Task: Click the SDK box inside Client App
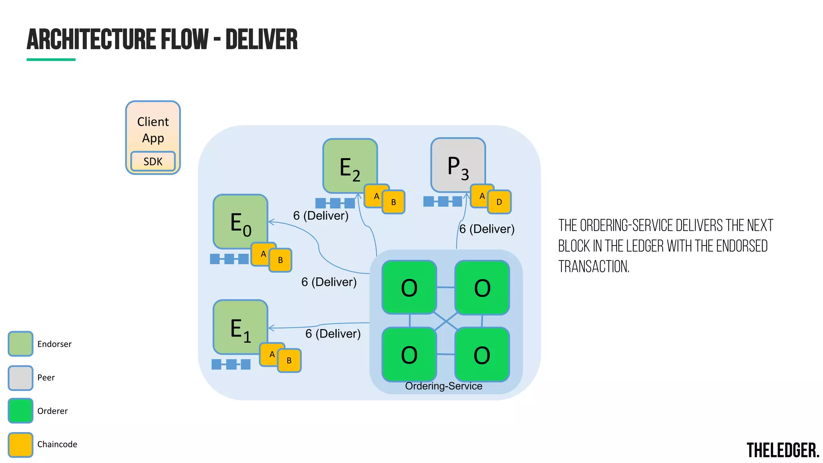(x=153, y=161)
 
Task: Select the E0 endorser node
(x=240, y=221)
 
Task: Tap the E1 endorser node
(x=240, y=327)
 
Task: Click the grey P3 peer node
(x=458, y=165)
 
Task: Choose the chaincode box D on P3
(x=500, y=202)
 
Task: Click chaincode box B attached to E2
(x=394, y=202)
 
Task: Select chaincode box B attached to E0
(x=280, y=260)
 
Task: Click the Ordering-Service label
(x=443, y=386)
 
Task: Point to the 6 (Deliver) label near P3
(x=487, y=229)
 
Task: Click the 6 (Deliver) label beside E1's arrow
(x=333, y=334)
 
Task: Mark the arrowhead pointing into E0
(x=270, y=221)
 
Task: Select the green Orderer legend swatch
(x=20, y=410)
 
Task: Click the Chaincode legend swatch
(x=20, y=445)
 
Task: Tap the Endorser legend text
(x=54, y=344)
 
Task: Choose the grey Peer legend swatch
(x=20, y=377)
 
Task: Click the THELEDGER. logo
(x=782, y=450)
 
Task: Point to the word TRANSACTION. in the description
(x=594, y=266)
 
